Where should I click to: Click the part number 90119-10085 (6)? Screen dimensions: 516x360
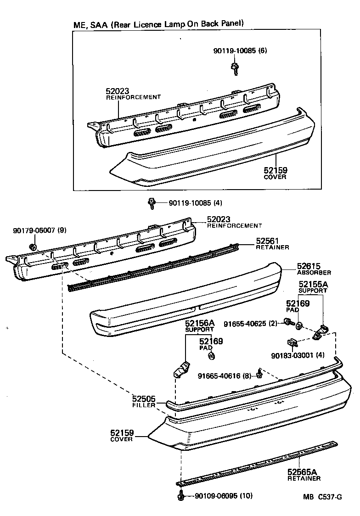(x=240, y=51)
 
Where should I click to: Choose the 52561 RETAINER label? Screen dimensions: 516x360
(x=272, y=243)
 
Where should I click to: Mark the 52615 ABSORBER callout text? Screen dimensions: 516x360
(x=314, y=269)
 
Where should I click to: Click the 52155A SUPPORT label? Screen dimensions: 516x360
(x=313, y=287)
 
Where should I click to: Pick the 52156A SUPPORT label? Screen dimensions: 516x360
(x=199, y=326)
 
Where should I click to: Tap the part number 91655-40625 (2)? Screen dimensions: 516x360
(x=251, y=324)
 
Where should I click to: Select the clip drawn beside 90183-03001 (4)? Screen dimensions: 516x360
(x=292, y=342)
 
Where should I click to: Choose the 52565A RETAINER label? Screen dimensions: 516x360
(x=304, y=474)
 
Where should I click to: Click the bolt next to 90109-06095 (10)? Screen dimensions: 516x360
(x=181, y=496)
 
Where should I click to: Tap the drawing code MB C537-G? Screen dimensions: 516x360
(x=322, y=496)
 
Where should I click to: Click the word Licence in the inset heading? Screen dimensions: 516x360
(x=156, y=23)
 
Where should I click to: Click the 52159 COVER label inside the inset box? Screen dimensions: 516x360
(x=276, y=173)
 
